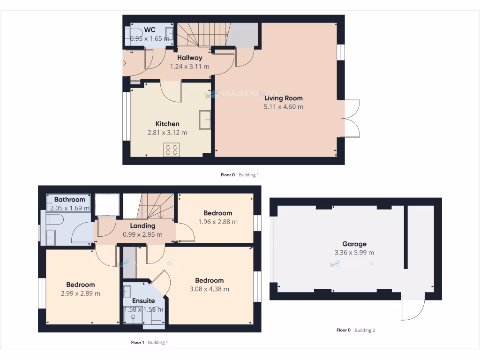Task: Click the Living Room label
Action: (x=283, y=98)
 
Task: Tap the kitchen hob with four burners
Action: (x=171, y=150)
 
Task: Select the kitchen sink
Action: (x=205, y=119)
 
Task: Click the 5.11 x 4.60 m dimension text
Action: (x=283, y=107)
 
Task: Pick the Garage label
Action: (x=354, y=244)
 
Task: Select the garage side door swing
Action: (x=412, y=309)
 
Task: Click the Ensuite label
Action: (x=143, y=301)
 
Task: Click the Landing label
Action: (x=142, y=226)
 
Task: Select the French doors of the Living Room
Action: (x=351, y=119)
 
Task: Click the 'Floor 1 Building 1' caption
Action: (x=149, y=343)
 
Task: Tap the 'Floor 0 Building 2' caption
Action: (x=355, y=330)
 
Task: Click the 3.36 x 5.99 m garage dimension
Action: (x=354, y=253)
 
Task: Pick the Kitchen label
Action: (x=167, y=124)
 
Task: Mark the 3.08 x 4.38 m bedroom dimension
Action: (x=209, y=289)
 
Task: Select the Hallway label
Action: (x=189, y=58)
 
